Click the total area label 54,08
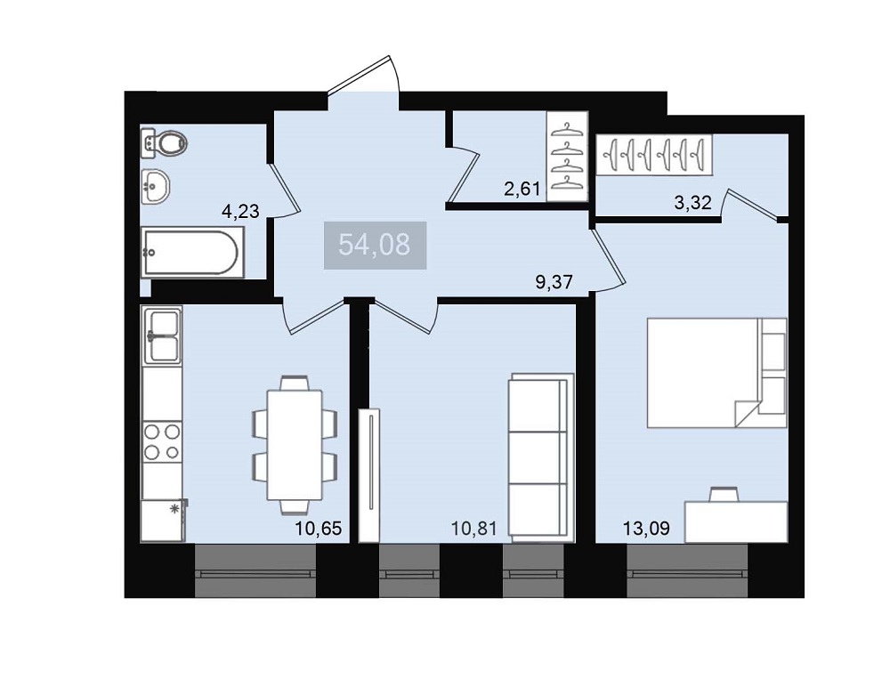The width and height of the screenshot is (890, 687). pyautogui.click(x=375, y=245)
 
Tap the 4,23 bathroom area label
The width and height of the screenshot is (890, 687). pyautogui.click(x=240, y=212)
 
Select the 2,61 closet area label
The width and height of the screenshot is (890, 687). pyautogui.click(x=522, y=189)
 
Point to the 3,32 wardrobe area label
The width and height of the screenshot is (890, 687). pyautogui.click(x=692, y=202)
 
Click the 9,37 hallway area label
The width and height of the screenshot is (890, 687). pyautogui.click(x=554, y=281)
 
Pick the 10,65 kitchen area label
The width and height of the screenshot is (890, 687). pyautogui.click(x=319, y=529)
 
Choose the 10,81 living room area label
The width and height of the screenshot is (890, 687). pyautogui.click(x=474, y=529)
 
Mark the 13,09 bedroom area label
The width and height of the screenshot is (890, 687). pyautogui.click(x=646, y=529)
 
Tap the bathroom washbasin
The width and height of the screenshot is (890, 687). pyautogui.click(x=155, y=186)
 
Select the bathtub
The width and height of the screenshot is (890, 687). pyautogui.click(x=193, y=253)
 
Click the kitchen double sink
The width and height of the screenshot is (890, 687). pyautogui.click(x=163, y=335)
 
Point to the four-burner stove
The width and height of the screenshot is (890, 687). pyautogui.click(x=162, y=441)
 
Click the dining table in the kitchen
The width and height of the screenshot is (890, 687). pyautogui.click(x=295, y=445)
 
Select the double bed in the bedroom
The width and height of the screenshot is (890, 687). pyautogui.click(x=716, y=372)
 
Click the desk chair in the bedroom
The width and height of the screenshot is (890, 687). pyautogui.click(x=724, y=494)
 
